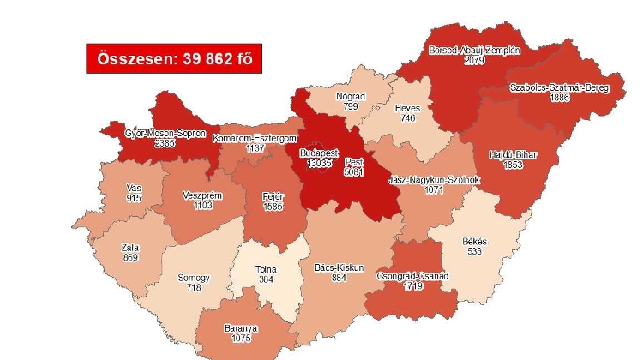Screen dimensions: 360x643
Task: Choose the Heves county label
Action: pos(406,108)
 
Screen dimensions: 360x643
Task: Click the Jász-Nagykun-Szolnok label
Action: pos(432,180)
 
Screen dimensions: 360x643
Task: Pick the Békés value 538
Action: pos(473,252)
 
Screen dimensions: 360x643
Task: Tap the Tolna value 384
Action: pos(267,279)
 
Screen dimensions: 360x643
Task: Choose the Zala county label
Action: pos(130,248)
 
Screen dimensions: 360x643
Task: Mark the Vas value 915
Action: pos(133,198)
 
